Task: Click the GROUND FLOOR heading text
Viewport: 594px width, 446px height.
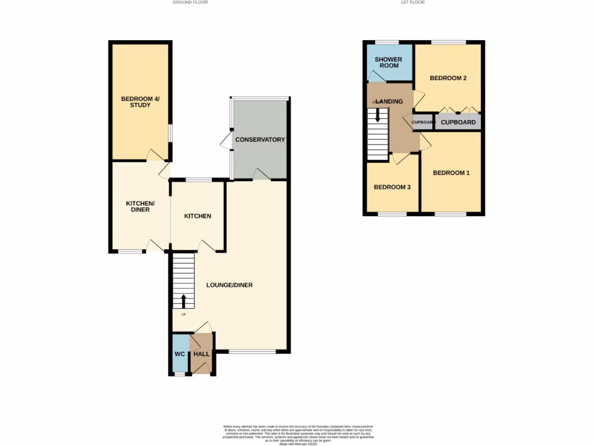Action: pyautogui.click(x=190, y=2)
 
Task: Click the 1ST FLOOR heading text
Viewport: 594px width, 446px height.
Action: pyautogui.click(x=412, y=2)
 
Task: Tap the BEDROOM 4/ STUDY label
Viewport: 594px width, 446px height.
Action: pyautogui.click(x=140, y=102)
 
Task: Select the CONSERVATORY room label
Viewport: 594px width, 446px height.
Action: pyautogui.click(x=260, y=139)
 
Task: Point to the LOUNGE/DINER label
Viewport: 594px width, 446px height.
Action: pyautogui.click(x=230, y=285)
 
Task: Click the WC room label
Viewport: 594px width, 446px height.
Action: pyautogui.click(x=180, y=354)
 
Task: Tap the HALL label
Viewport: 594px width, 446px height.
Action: pyautogui.click(x=201, y=354)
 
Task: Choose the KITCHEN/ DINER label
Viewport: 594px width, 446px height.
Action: pyautogui.click(x=140, y=206)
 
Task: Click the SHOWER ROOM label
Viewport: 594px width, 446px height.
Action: pyautogui.click(x=389, y=62)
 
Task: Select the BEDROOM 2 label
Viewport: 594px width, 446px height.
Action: pyautogui.click(x=448, y=78)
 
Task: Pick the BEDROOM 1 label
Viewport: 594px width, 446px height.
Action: pyautogui.click(x=451, y=173)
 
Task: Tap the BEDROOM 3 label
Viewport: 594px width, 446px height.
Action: pyautogui.click(x=392, y=187)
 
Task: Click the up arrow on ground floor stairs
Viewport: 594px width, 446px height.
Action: pyautogui.click(x=184, y=301)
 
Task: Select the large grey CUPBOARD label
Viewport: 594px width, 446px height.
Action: pyautogui.click(x=458, y=123)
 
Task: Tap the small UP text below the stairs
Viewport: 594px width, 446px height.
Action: pyautogui.click(x=183, y=315)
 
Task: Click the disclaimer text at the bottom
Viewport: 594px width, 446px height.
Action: pyautogui.click(x=297, y=435)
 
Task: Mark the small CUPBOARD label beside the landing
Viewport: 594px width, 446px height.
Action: pyautogui.click(x=423, y=123)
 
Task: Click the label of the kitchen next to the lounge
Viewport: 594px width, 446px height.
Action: pyautogui.click(x=197, y=216)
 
